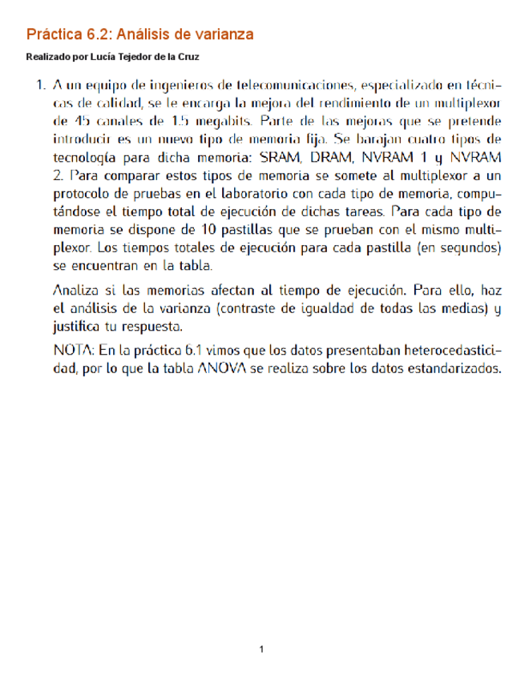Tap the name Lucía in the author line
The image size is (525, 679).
(106, 58)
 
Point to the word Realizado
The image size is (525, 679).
(46, 58)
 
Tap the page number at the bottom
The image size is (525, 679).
(262, 649)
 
